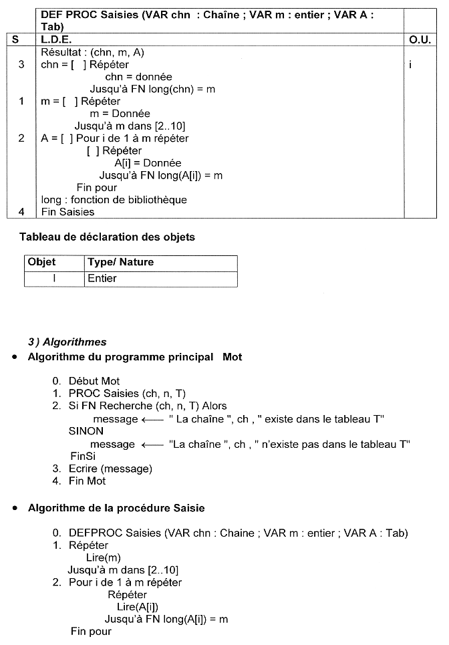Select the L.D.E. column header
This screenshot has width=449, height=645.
[x=56, y=40]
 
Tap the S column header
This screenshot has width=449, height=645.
[x=15, y=40]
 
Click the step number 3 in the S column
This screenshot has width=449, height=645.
[x=22, y=65]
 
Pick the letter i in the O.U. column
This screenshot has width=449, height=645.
[x=410, y=65]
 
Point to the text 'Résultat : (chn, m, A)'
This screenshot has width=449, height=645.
[x=93, y=52]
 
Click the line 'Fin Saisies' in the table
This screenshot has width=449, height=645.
[x=67, y=212]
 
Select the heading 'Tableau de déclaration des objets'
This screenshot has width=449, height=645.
[x=108, y=237]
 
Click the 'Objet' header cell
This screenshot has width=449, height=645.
[x=41, y=263]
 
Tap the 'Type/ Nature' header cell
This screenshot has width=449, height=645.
[x=120, y=263]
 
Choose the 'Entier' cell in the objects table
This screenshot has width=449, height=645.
[x=102, y=279]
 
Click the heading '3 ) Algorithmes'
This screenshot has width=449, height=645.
[x=67, y=342]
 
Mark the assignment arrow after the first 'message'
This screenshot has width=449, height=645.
[x=153, y=419]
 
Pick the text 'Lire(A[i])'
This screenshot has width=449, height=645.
[x=138, y=607]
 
